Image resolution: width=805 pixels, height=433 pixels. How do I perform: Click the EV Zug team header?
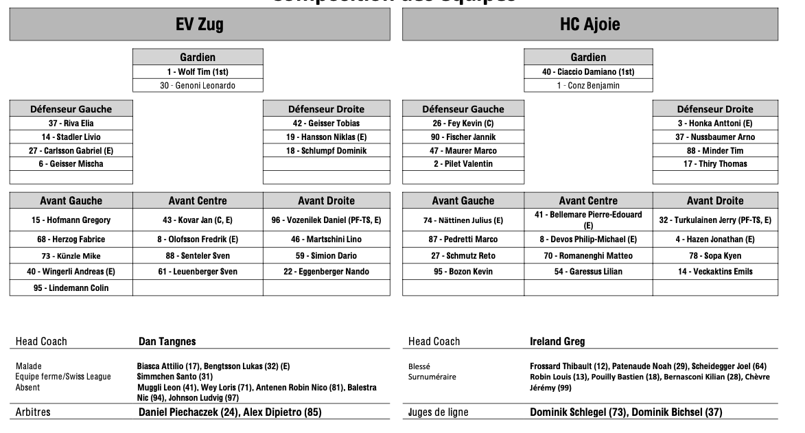point(200,25)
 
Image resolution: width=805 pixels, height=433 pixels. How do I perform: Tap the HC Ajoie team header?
point(590,25)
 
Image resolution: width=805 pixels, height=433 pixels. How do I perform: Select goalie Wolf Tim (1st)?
point(198,72)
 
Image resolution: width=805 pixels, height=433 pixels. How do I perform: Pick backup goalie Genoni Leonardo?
point(198,86)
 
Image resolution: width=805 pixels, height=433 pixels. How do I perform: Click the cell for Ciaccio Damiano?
point(588,72)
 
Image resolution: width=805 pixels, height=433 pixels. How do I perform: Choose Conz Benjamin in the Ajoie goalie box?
point(588,86)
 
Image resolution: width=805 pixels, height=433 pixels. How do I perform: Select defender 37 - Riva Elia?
point(71,124)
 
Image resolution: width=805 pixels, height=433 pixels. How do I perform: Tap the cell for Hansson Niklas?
point(327,137)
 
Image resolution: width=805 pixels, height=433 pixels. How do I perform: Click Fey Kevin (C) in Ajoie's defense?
point(463,124)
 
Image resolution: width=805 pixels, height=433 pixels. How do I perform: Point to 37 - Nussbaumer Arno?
point(715,137)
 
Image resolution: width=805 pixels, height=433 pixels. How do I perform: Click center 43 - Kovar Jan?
point(198,220)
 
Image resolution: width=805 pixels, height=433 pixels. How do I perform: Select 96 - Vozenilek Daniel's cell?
point(326,220)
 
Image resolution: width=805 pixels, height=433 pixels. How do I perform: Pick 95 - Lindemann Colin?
point(71,288)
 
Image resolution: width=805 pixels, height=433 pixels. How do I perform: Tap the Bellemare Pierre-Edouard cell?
point(588,220)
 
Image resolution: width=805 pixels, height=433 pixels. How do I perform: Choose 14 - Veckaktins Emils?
point(715,272)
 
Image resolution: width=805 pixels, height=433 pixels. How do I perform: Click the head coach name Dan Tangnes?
point(167,342)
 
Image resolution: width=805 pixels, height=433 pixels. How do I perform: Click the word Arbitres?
point(33,412)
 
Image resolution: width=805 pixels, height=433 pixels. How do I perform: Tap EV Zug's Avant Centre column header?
point(198,201)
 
